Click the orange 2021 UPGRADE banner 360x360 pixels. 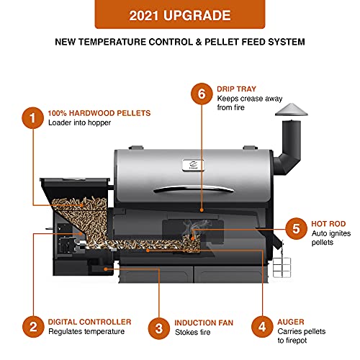point(179,14)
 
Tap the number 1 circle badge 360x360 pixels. point(31,118)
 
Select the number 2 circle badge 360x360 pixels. point(31,327)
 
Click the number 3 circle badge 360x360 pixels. point(158,327)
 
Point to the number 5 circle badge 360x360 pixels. point(294,230)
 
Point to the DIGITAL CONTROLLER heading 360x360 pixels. point(89,322)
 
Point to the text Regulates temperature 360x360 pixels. point(86,332)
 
